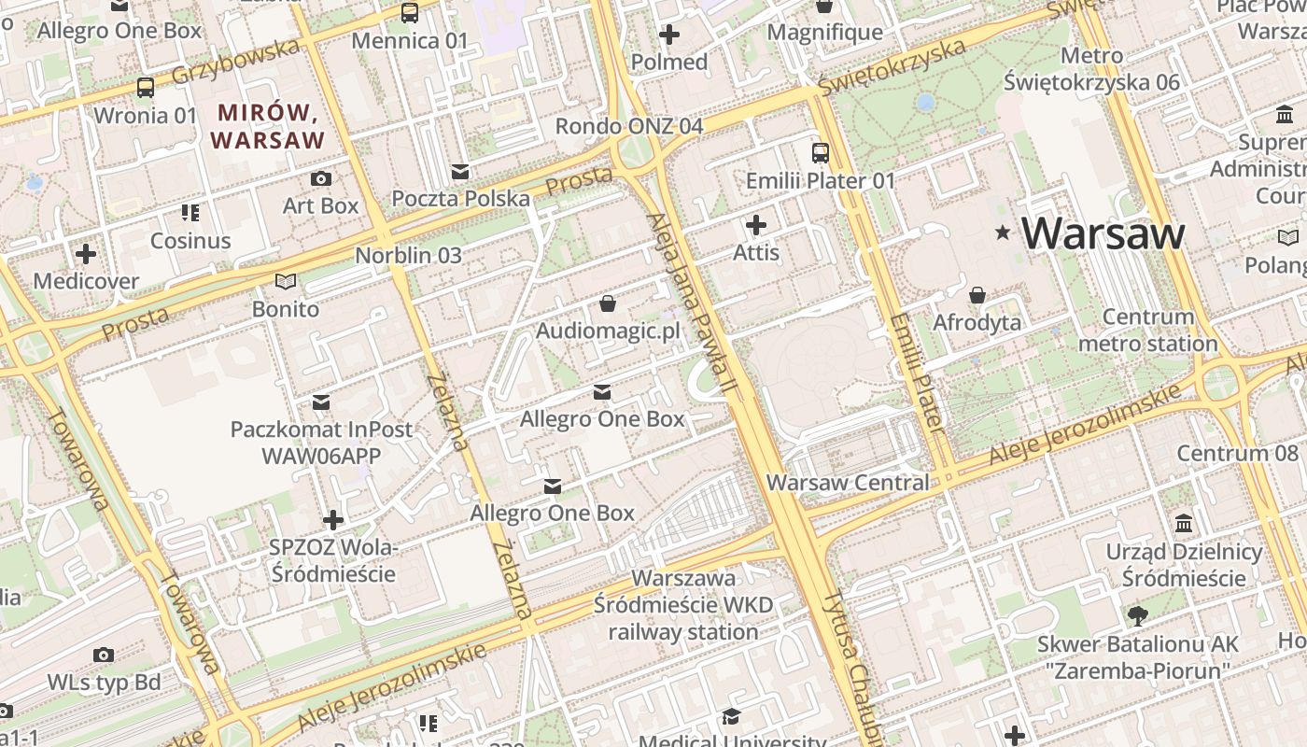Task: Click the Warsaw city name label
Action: tap(1103, 233)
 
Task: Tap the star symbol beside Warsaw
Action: tap(1004, 232)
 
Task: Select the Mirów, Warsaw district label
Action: tap(267, 127)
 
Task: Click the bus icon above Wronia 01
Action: tap(146, 88)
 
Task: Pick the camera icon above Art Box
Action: tap(321, 178)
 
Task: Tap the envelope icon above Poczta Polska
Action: tap(460, 172)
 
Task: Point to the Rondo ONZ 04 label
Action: tap(628, 126)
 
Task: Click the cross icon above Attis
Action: tap(756, 225)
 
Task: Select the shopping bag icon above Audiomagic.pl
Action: tap(608, 303)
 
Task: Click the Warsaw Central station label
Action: tap(848, 483)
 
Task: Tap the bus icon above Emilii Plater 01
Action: tap(821, 153)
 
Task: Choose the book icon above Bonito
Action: tap(286, 281)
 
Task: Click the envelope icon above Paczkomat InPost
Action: tap(321, 402)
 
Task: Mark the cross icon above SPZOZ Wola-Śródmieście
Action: tap(333, 520)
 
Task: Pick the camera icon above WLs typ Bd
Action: tap(104, 655)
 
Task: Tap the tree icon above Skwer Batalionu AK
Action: tap(1138, 615)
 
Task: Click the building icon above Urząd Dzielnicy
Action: tap(1185, 523)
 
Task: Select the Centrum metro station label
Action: tap(1148, 331)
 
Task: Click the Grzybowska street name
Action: tap(238, 62)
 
